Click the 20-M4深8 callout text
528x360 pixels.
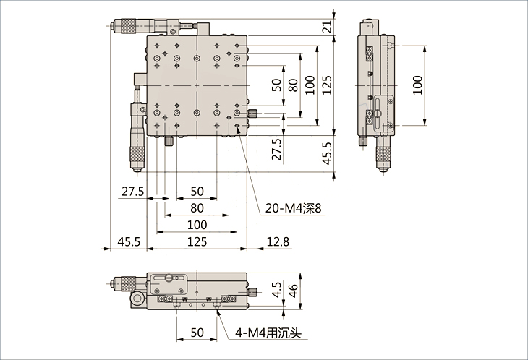[x=294, y=208]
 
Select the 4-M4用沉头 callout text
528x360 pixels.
[x=268, y=333]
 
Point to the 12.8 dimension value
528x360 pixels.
[x=278, y=241]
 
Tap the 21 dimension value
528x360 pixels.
[x=327, y=26]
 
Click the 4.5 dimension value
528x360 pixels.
[x=276, y=290]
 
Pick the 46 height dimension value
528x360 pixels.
[x=293, y=291]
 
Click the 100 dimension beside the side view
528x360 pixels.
[x=417, y=85]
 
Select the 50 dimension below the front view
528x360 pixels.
[x=197, y=333]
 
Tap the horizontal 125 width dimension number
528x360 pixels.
[x=197, y=241]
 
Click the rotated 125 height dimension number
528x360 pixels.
[x=327, y=85]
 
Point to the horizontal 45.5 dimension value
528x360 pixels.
[x=129, y=241]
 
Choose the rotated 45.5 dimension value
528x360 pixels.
[x=327, y=153]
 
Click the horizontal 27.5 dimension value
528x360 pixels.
[x=132, y=192]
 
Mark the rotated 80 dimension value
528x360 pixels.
[x=293, y=85]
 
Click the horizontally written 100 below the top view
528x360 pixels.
[x=197, y=225]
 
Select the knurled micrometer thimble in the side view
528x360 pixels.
[x=382, y=155]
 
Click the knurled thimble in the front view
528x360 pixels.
[x=128, y=283]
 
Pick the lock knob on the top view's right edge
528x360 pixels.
[x=253, y=113]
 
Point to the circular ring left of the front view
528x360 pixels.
[x=137, y=299]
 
